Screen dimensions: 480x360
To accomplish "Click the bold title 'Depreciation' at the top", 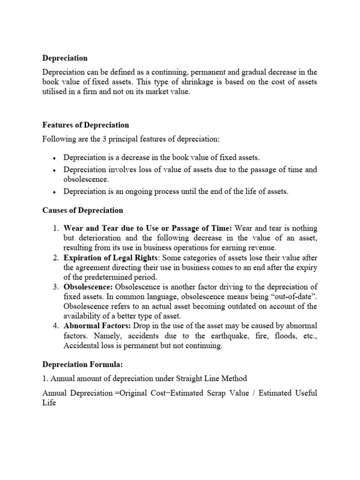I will (65, 58).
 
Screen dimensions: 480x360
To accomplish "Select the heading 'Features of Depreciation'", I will (86, 125).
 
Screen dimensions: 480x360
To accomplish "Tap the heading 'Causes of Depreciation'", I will (83, 210).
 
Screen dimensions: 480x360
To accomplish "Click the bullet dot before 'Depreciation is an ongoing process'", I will (55, 192).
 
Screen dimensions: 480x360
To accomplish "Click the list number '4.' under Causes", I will (55, 326).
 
